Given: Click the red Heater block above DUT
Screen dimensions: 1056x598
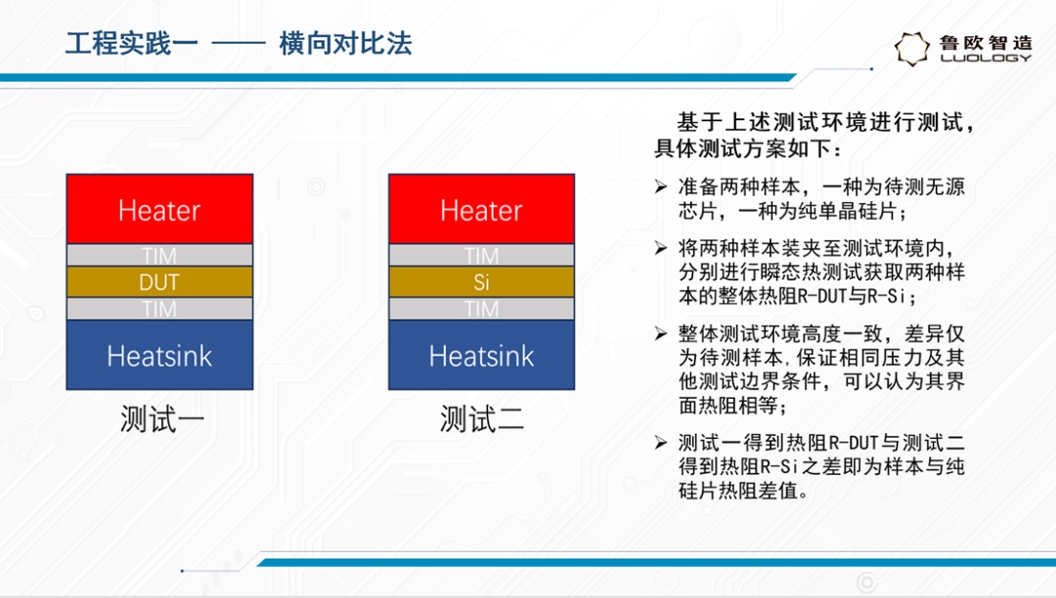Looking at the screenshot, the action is coord(159,209).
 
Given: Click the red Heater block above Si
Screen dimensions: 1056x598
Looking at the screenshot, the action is coord(481,209).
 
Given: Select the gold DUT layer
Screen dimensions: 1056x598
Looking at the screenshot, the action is coord(159,281).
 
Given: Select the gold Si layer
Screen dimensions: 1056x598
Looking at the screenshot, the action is coord(481,281).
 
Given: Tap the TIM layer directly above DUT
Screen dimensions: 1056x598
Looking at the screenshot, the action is coord(159,255).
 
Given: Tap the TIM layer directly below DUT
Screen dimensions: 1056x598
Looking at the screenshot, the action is coord(159,309).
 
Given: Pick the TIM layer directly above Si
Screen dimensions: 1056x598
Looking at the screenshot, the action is coord(481,255).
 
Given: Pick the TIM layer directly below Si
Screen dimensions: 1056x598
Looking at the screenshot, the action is coord(481,309).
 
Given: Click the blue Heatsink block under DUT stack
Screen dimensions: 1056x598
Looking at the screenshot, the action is coord(159,355).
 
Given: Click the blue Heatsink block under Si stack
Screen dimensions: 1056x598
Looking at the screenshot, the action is coord(481,355).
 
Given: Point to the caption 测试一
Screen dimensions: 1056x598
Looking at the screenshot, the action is coord(161,419).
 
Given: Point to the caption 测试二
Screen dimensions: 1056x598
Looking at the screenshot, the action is coord(481,419).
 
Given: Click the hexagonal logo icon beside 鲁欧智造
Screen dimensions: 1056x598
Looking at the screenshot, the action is coord(912,49).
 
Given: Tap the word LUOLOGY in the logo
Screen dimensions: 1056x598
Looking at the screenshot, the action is coord(986,58).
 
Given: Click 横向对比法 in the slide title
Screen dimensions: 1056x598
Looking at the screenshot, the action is coord(345,44).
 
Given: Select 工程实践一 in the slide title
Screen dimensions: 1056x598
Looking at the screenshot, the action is coord(131,44).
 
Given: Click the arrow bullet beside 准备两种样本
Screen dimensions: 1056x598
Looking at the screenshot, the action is coord(661,187).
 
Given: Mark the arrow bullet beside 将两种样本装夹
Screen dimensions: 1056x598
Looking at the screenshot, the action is coord(661,248).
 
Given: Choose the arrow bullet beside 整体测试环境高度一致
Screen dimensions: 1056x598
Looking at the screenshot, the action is coord(661,333).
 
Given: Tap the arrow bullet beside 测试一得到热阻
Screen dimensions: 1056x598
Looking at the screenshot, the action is coord(661,442).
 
